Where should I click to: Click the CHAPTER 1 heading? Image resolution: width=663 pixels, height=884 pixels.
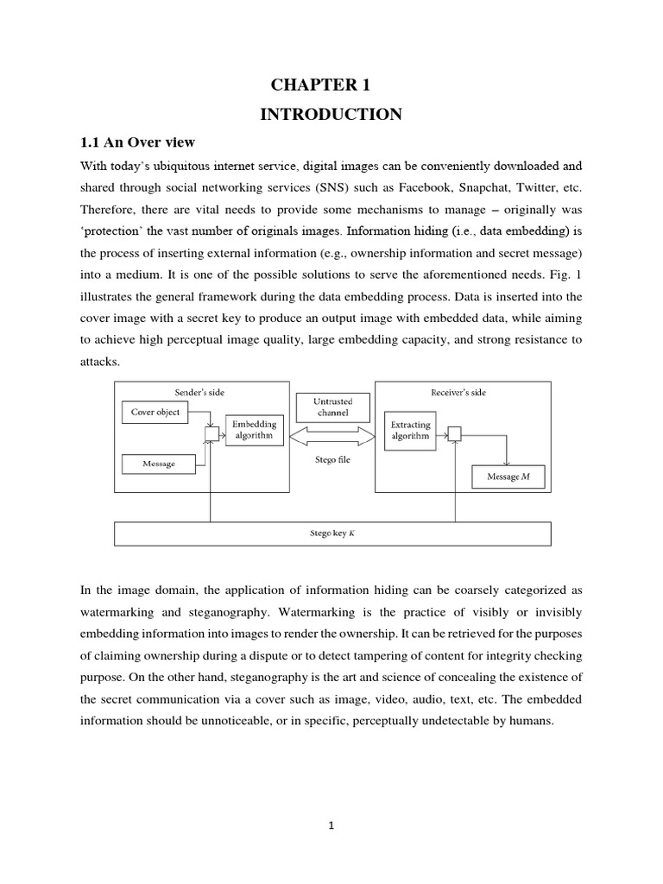pos(320,85)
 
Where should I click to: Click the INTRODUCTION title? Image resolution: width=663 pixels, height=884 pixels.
pos(331,114)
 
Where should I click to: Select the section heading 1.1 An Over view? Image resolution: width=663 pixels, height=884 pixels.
pos(137,143)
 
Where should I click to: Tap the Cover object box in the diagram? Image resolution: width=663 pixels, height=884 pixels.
pos(155,412)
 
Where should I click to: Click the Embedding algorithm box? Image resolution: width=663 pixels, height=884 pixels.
pos(252,430)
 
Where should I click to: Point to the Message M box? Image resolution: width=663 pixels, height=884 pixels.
pos(508,477)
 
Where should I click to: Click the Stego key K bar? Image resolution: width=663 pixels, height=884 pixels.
pos(333,534)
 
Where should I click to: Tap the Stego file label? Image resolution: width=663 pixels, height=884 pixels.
pos(332,460)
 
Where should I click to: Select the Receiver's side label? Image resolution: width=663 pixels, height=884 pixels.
pos(458,392)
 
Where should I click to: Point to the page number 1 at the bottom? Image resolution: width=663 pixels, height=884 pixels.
pos(331,825)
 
